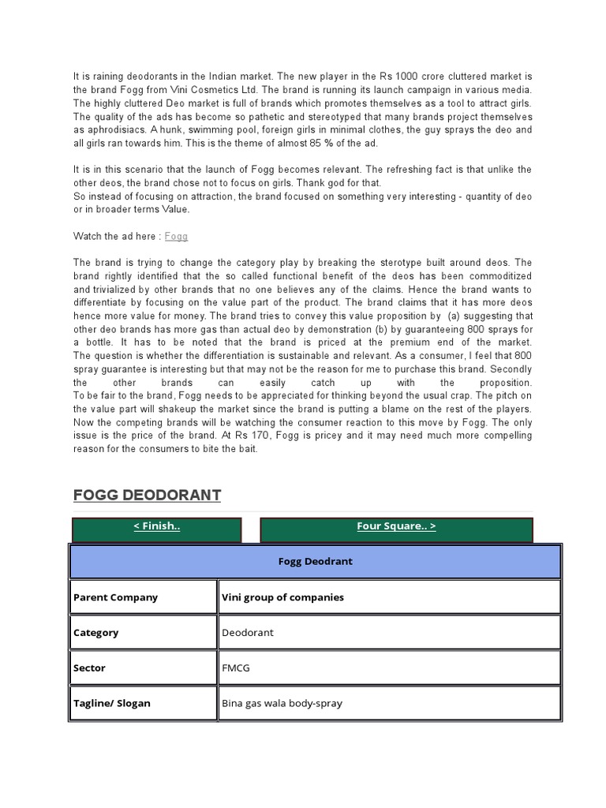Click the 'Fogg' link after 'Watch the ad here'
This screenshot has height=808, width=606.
(x=176, y=236)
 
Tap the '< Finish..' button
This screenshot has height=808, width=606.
(x=156, y=526)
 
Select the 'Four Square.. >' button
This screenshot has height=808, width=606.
(x=396, y=526)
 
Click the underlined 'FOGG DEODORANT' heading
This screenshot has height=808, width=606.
(x=147, y=495)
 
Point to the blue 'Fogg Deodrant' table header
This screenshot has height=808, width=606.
(x=315, y=561)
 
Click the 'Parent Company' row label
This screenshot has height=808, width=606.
(x=115, y=597)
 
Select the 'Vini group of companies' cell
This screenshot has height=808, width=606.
(x=283, y=597)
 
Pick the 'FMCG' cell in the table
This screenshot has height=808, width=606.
(x=235, y=668)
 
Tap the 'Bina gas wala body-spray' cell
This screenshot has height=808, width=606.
(x=282, y=703)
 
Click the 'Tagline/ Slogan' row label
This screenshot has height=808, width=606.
(x=112, y=703)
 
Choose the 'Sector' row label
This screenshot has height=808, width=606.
(x=89, y=668)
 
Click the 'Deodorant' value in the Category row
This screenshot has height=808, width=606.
(x=248, y=633)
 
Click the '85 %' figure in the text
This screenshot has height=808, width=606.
(x=318, y=142)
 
